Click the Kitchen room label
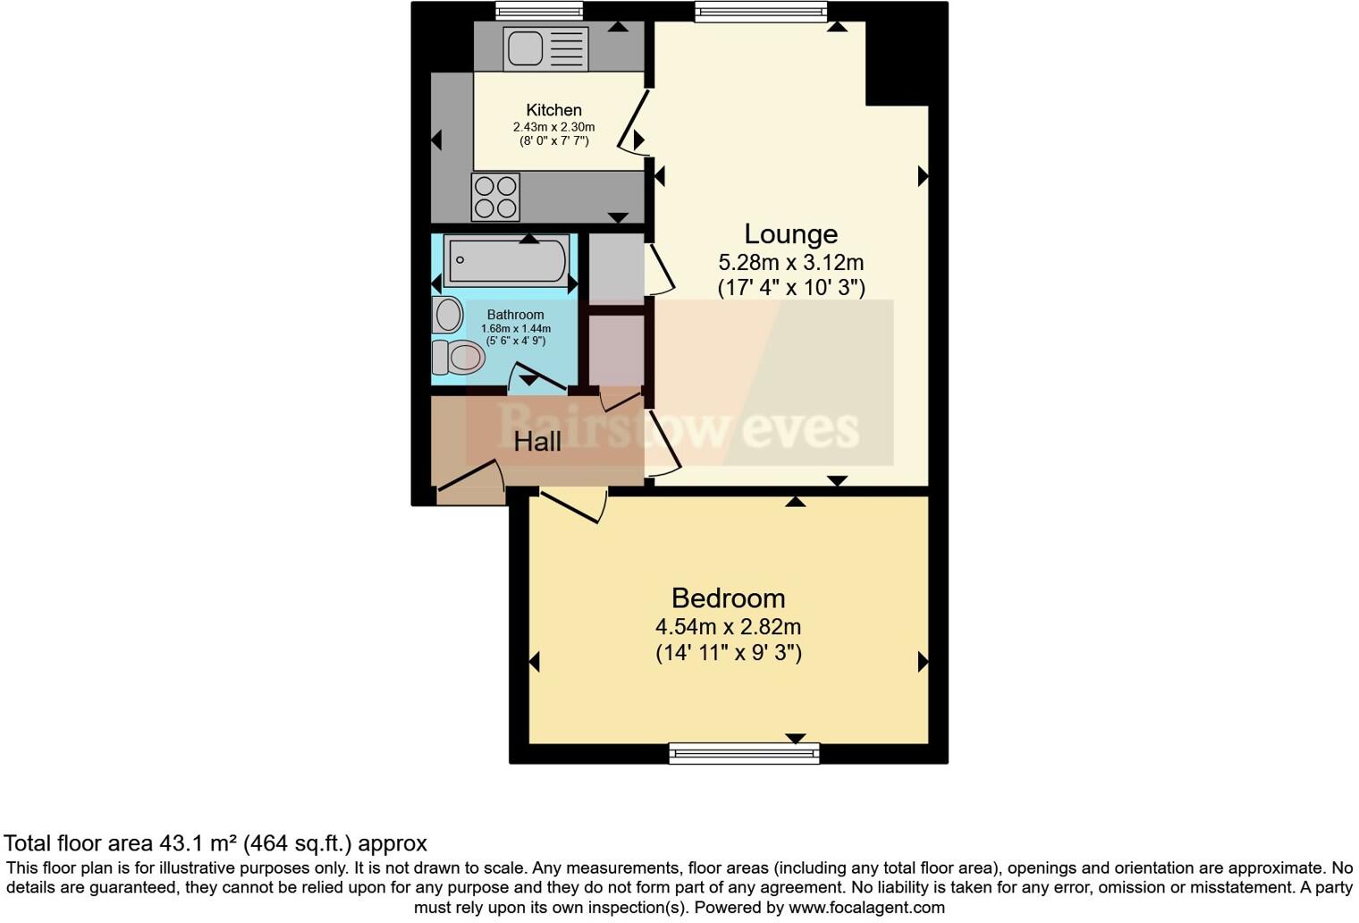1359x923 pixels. pos(553,110)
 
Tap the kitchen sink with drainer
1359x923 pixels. pos(545,47)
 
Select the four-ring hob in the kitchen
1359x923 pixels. pos(495,197)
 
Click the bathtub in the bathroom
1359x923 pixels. pos(506,260)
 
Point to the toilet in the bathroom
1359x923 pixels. pos(458,358)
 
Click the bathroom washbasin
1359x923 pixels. pos(448,315)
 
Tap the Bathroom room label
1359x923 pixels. pos(515,315)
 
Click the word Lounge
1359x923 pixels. pos(790,234)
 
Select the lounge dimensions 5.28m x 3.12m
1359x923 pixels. pos(790,263)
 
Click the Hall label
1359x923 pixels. pos(537,441)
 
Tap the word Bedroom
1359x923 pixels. pos(728,597)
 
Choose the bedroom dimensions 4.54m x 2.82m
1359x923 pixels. pos(728,627)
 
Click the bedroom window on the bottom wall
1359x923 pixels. pos(744,754)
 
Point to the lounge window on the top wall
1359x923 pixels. pos(761,11)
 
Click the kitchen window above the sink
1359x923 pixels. pos(539,11)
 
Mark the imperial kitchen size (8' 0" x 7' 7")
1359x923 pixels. pos(553,141)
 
